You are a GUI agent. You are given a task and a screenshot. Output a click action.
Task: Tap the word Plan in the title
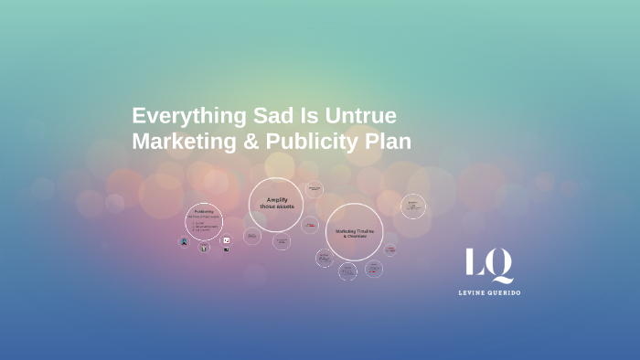[x=389, y=142]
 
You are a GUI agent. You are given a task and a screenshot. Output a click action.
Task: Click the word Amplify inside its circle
[x=277, y=199]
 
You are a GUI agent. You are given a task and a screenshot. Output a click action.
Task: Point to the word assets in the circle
[x=285, y=206]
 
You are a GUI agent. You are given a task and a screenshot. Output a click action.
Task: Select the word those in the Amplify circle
[x=267, y=206]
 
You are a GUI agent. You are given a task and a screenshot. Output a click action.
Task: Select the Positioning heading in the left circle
[x=203, y=212]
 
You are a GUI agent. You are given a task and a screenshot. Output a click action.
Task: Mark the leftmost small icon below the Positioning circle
[x=184, y=242]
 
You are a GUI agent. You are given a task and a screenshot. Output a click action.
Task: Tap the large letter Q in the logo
[x=500, y=265]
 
